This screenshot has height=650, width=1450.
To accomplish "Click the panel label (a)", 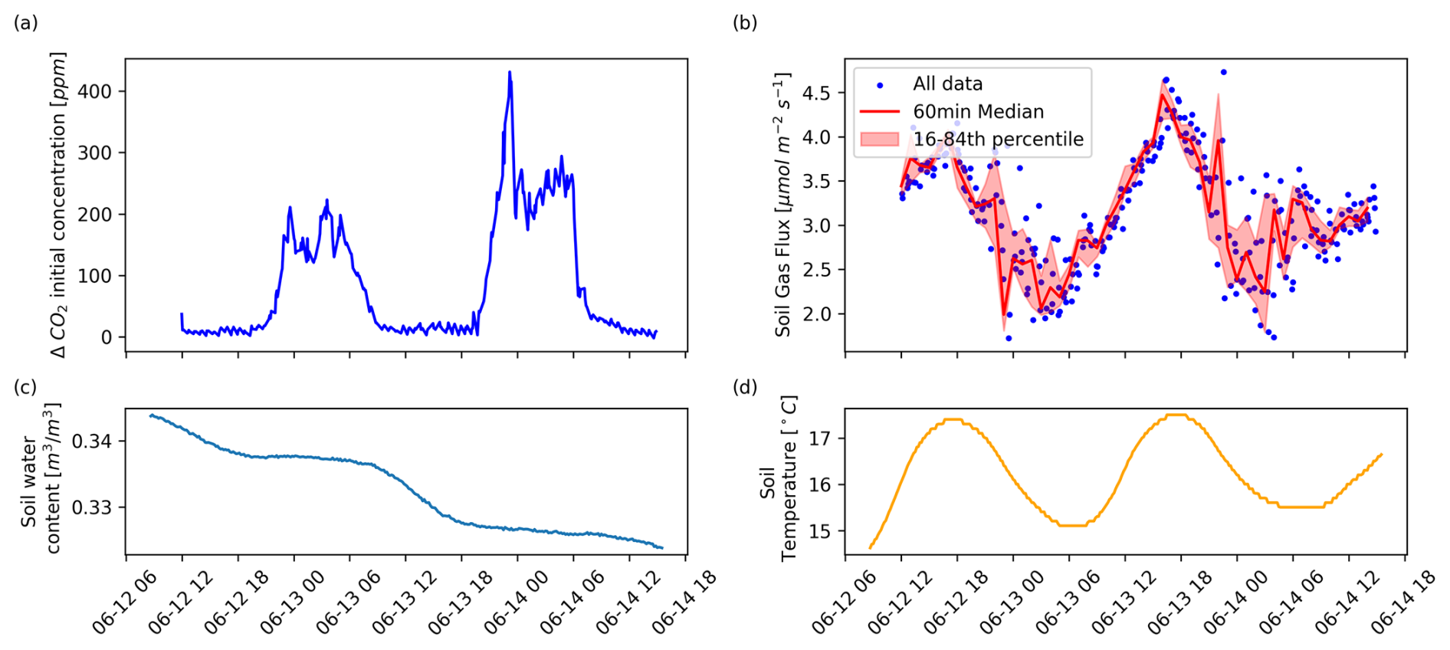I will click(25, 23).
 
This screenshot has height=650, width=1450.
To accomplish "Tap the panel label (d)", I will click(745, 387).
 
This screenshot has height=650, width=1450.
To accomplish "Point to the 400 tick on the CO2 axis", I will click(95, 91).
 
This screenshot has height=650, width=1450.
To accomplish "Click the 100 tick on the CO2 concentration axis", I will click(95, 276).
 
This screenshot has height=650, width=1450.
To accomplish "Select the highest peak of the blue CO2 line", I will click(510, 73).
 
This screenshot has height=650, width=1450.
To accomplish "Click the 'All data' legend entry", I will click(947, 84).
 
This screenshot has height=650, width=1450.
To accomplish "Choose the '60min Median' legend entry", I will click(978, 112).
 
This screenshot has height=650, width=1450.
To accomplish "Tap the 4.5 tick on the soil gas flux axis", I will click(816, 93).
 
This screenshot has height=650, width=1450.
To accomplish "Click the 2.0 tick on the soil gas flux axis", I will click(816, 314).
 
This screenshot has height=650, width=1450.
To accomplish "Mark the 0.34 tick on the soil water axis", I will click(91, 442).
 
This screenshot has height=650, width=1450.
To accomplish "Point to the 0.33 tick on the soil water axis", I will click(91, 507).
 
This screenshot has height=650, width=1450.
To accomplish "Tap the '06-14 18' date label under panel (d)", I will click(1402, 602).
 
